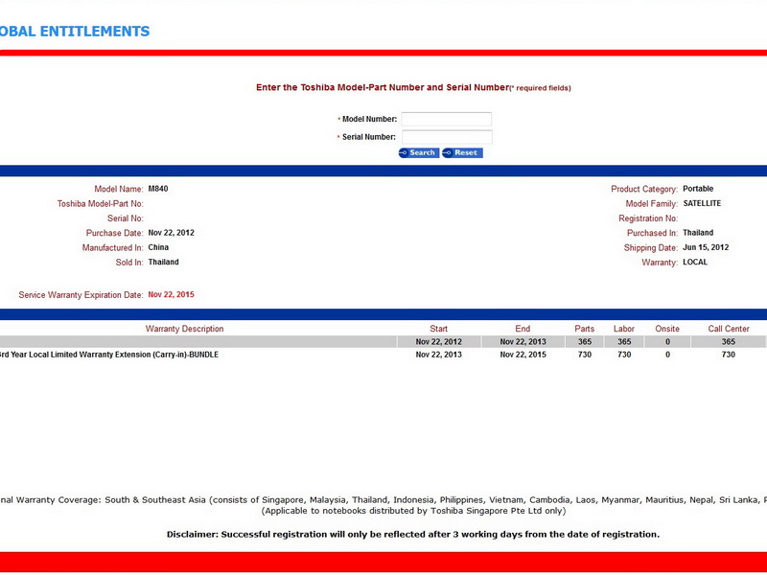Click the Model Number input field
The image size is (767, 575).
coord(446,120)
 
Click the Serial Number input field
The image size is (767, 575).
coord(446,137)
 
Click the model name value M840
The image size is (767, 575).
coord(158,189)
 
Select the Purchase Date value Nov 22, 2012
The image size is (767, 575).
coord(172,233)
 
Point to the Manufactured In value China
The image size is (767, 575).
coord(158,247)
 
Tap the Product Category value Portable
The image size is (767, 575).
coord(698,189)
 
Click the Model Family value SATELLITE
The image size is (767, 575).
coord(702,203)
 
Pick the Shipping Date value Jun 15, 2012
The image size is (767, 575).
coord(706,247)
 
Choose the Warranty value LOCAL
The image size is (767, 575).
coord(695,262)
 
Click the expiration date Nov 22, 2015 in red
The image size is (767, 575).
coord(172,294)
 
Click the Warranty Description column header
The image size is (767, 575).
coord(184,329)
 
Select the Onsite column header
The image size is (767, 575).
coord(667,329)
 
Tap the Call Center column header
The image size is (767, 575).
coord(729,329)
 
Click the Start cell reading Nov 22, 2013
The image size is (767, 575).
coord(439,355)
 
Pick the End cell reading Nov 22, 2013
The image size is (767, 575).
coord(523,342)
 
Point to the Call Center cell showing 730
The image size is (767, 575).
coord(729,355)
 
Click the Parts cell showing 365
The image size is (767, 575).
coord(585,342)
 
